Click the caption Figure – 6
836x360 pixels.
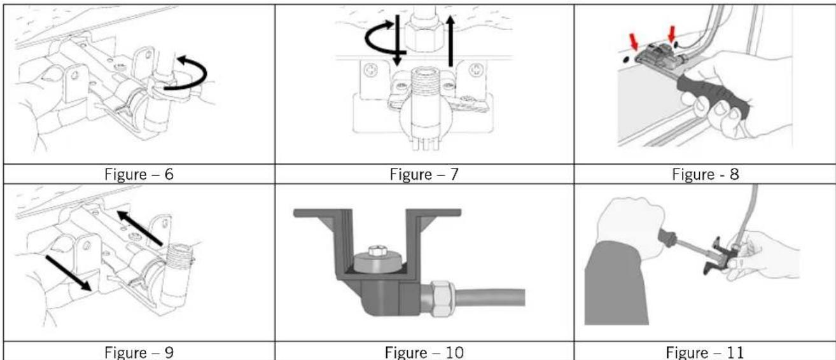[139, 174]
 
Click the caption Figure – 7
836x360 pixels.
[424, 174]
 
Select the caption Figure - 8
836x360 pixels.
[706, 174]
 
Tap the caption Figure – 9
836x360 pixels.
[139, 352]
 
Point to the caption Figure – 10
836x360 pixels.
[424, 352]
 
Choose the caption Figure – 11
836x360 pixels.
[705, 352]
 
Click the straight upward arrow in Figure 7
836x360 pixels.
[450, 41]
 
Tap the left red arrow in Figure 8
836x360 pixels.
[634, 42]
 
